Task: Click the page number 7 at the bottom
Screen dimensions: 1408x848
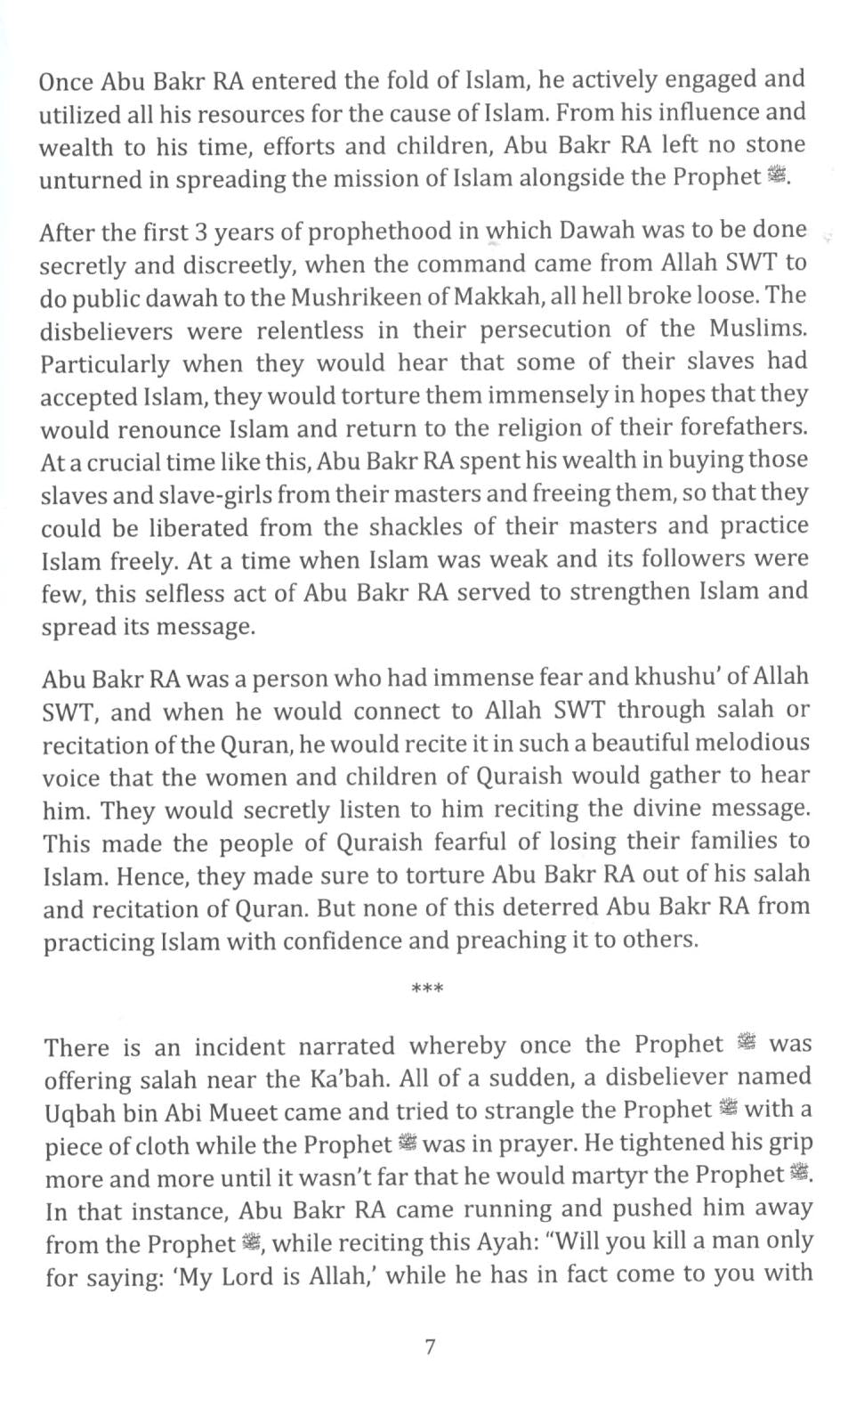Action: tap(430, 1347)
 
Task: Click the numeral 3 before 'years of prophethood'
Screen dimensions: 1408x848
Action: tap(201, 232)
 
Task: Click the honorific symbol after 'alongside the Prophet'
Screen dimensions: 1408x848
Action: tap(777, 176)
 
